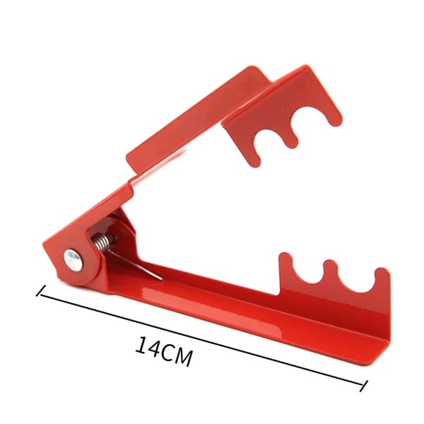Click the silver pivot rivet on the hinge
[x=73, y=260]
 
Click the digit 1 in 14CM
[x=142, y=346]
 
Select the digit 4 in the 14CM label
[x=155, y=349]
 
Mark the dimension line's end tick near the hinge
[x=41, y=290]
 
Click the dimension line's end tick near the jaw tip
[x=364, y=386]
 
